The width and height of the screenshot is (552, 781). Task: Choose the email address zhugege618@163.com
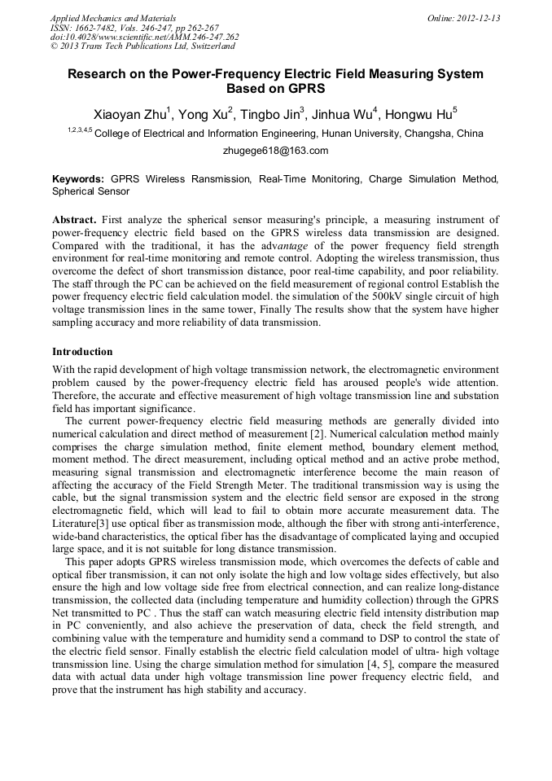(x=275, y=151)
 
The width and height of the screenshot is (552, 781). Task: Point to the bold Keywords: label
(x=78, y=178)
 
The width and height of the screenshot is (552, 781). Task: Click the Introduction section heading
(x=82, y=352)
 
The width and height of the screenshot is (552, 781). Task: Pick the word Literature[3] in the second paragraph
(x=81, y=511)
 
